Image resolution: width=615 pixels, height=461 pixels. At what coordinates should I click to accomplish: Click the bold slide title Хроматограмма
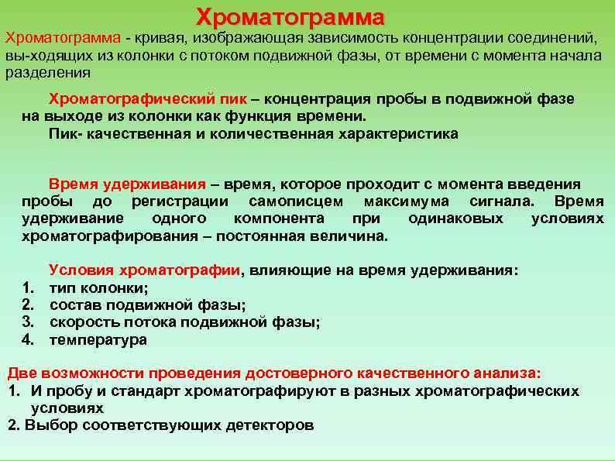tap(290, 16)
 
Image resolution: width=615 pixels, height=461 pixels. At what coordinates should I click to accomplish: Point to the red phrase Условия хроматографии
tap(144, 270)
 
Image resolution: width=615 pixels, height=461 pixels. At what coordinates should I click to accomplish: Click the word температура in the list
tap(98, 339)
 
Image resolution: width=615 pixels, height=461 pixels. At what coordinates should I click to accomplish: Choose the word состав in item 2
tap(76, 304)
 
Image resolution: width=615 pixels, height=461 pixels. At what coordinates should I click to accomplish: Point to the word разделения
tap(48, 73)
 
